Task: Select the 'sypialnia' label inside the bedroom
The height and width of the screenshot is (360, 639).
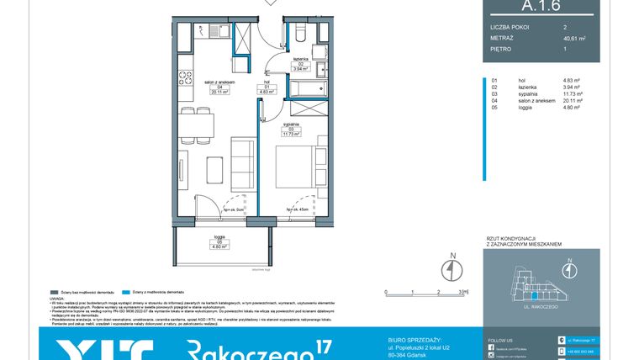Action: [292, 123]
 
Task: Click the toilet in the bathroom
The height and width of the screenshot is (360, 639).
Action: [302, 34]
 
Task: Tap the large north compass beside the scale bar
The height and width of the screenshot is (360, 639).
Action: [452, 267]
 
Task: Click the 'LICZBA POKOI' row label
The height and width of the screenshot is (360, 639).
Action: [510, 27]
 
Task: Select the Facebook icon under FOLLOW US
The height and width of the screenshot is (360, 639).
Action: [493, 347]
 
